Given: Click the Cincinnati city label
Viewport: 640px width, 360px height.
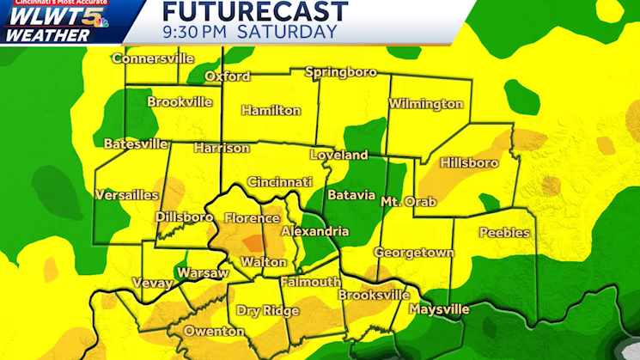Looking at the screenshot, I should click(279, 182).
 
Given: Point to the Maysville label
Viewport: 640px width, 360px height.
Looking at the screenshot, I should click(439, 308).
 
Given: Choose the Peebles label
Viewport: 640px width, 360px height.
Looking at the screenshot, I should click(504, 233).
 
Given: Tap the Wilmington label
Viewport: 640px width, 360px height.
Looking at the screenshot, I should click(425, 104).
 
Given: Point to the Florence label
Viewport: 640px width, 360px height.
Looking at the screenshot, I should click(252, 218).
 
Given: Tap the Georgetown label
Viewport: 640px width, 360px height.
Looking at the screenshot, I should click(413, 253).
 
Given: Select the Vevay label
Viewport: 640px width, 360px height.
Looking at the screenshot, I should click(152, 283).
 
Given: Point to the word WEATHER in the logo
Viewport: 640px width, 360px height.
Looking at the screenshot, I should click(47, 36).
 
